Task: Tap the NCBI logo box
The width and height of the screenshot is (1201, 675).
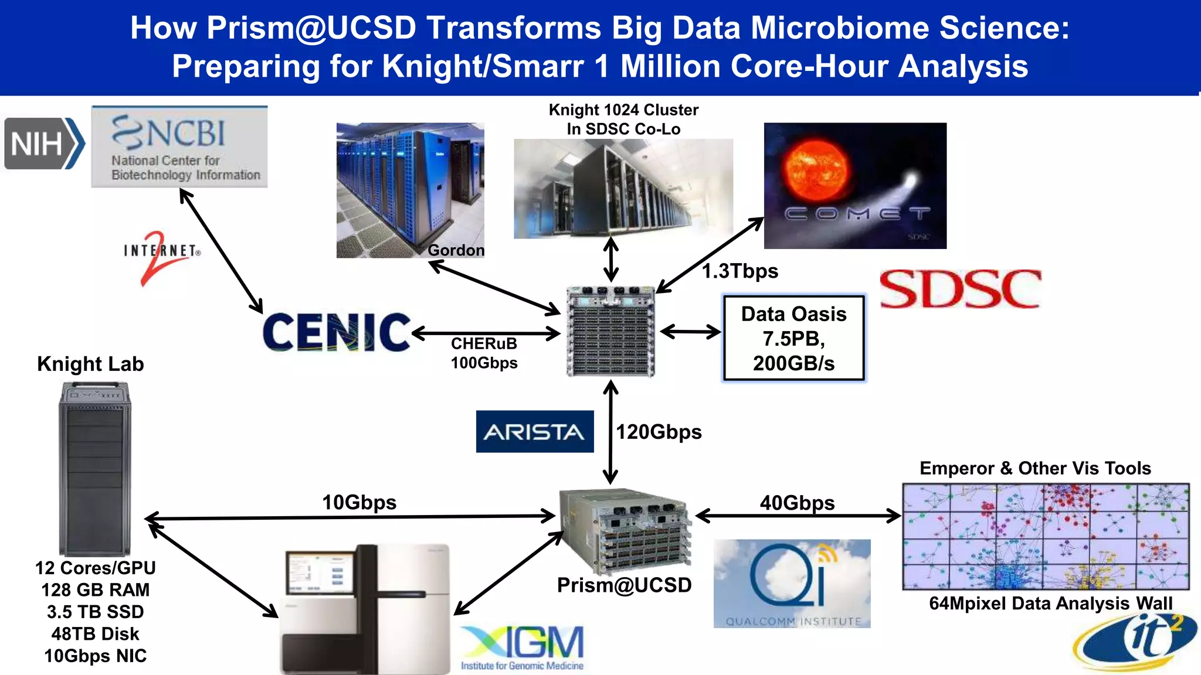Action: [179, 147]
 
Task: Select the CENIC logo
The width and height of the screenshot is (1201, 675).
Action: [336, 332]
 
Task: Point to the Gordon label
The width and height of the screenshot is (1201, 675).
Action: [456, 250]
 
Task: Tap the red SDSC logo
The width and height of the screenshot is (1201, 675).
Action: [961, 289]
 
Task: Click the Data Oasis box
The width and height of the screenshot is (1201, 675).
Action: [793, 339]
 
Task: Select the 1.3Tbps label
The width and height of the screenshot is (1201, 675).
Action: [740, 271]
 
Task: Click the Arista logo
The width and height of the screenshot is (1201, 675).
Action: [534, 432]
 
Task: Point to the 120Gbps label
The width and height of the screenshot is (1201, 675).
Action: [659, 432]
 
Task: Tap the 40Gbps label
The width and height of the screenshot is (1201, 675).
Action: [797, 503]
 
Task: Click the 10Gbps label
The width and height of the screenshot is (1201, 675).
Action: [359, 502]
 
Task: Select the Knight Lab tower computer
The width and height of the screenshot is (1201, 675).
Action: [94, 469]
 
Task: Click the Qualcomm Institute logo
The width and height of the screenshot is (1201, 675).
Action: [792, 584]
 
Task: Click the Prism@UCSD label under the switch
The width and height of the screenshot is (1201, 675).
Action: [624, 585]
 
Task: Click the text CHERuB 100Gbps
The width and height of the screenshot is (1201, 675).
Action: [484, 353]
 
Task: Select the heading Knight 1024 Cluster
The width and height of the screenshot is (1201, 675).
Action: [623, 110]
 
